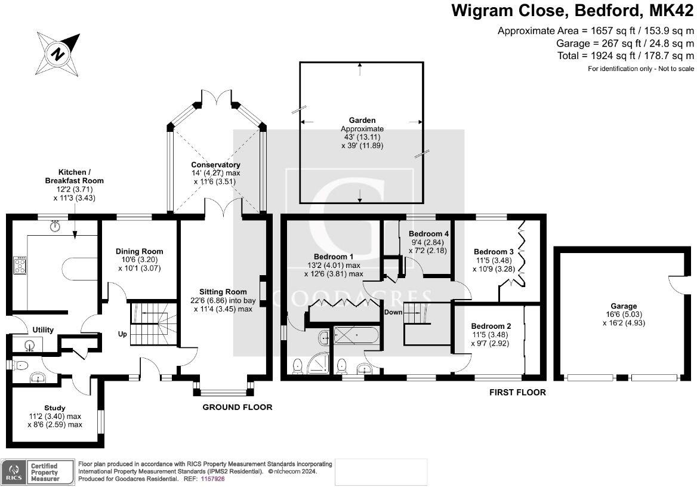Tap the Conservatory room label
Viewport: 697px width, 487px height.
tap(215, 165)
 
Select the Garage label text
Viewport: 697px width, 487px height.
tap(624, 306)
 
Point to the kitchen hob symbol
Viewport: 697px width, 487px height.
tap(20, 265)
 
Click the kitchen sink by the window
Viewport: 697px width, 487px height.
tap(56, 226)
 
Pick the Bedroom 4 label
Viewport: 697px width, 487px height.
tap(428, 234)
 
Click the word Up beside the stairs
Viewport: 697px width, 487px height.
tap(122, 334)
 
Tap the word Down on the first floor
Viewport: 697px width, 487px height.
tap(393, 312)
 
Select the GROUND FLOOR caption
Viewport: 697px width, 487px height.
tap(238, 407)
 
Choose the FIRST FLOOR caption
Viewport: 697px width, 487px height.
tap(517, 392)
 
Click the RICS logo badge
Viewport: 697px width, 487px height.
tap(12, 471)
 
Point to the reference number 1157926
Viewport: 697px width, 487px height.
tap(212, 479)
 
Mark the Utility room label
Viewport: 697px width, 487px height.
tap(44, 330)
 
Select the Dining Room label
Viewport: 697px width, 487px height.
tap(139, 251)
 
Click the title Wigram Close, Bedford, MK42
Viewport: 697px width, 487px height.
tap(572, 11)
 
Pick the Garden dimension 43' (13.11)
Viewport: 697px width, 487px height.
tap(362, 137)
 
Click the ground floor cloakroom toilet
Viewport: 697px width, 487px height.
tap(21, 365)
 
